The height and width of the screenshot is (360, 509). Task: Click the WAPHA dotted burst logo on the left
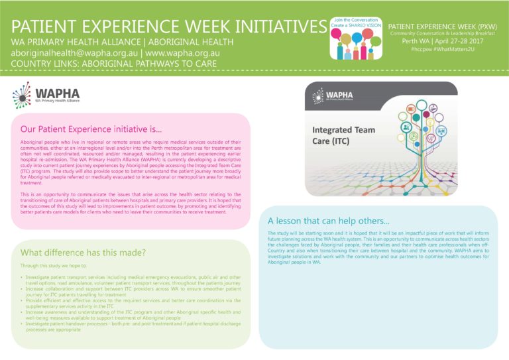tap(23, 95)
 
